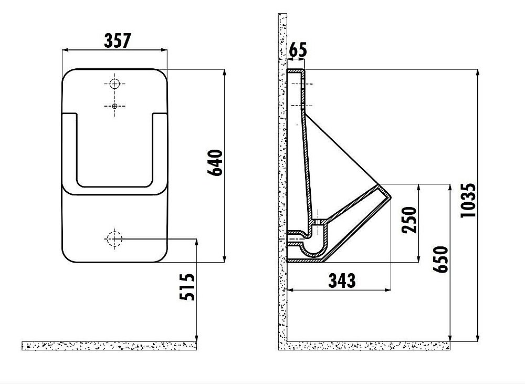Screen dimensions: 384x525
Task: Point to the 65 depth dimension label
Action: click(x=298, y=51)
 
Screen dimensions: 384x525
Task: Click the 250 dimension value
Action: click(x=409, y=220)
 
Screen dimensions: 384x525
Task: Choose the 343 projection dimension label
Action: click(x=342, y=281)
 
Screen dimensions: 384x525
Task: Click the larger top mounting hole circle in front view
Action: click(x=115, y=84)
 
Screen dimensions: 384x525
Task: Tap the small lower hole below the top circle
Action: click(x=115, y=106)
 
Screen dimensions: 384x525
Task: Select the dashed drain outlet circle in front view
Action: click(x=114, y=239)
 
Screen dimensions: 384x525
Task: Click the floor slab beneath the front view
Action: click(x=109, y=345)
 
